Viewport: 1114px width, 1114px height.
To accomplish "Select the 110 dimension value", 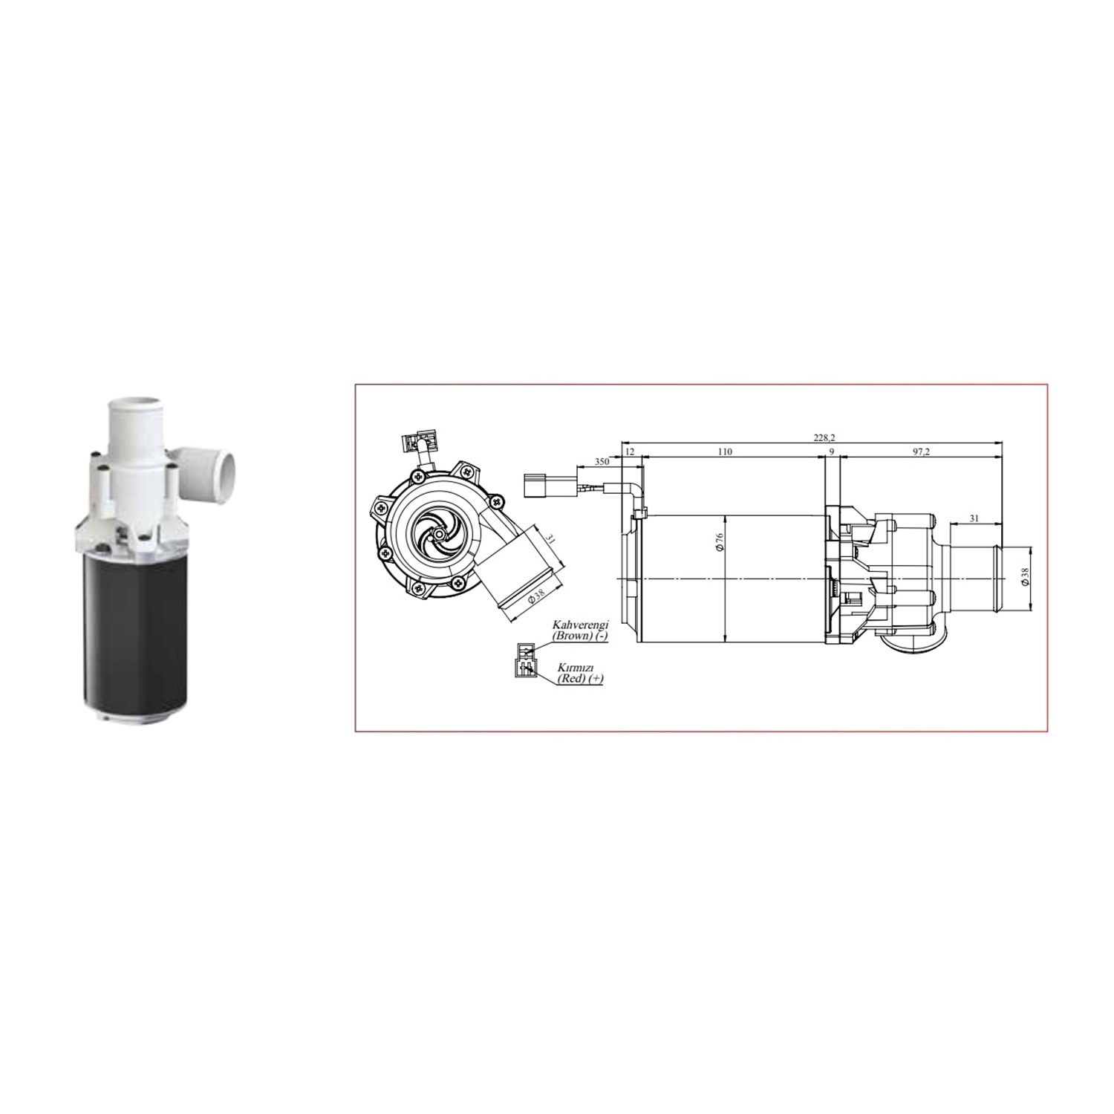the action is tap(725, 452).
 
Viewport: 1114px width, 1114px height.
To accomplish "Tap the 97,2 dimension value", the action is tap(922, 452).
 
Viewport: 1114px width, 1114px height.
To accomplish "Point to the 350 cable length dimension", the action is tap(602, 462).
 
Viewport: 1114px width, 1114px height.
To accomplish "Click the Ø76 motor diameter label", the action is tap(720, 543).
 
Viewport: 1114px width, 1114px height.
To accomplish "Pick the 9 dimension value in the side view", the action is tap(832, 452).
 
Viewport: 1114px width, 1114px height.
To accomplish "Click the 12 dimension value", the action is tap(630, 452).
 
